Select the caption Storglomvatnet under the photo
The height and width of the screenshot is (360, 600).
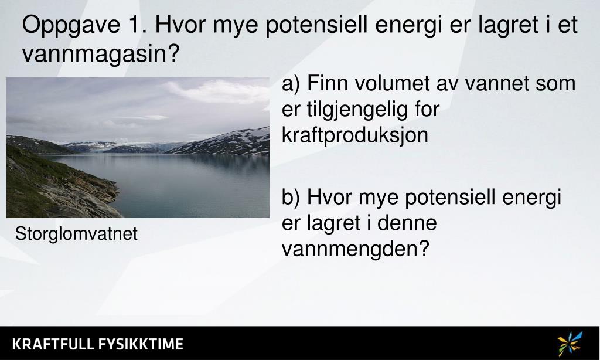[x=76, y=235]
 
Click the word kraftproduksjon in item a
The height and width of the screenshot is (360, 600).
[x=355, y=135]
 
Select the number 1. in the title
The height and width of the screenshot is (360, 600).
[x=135, y=26]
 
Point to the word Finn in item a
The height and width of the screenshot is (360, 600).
[x=325, y=84]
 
